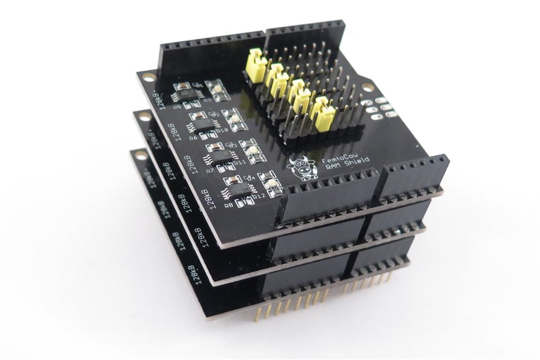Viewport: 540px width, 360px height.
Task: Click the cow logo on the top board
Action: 302,169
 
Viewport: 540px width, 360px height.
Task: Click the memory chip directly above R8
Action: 239,189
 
